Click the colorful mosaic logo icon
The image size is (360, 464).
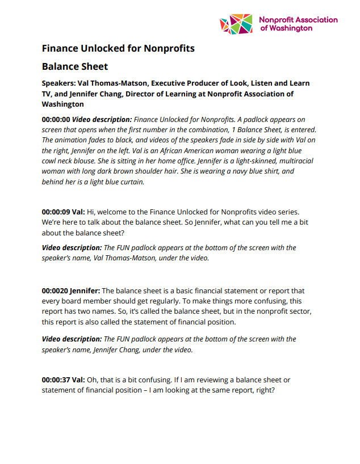pos(236,24)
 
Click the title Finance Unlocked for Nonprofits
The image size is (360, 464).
pos(118,48)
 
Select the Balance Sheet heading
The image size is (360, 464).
pos(74,66)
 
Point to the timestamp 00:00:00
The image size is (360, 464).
pos(56,120)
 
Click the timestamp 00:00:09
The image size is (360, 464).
pos(56,211)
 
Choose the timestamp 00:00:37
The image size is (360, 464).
pos(56,379)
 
